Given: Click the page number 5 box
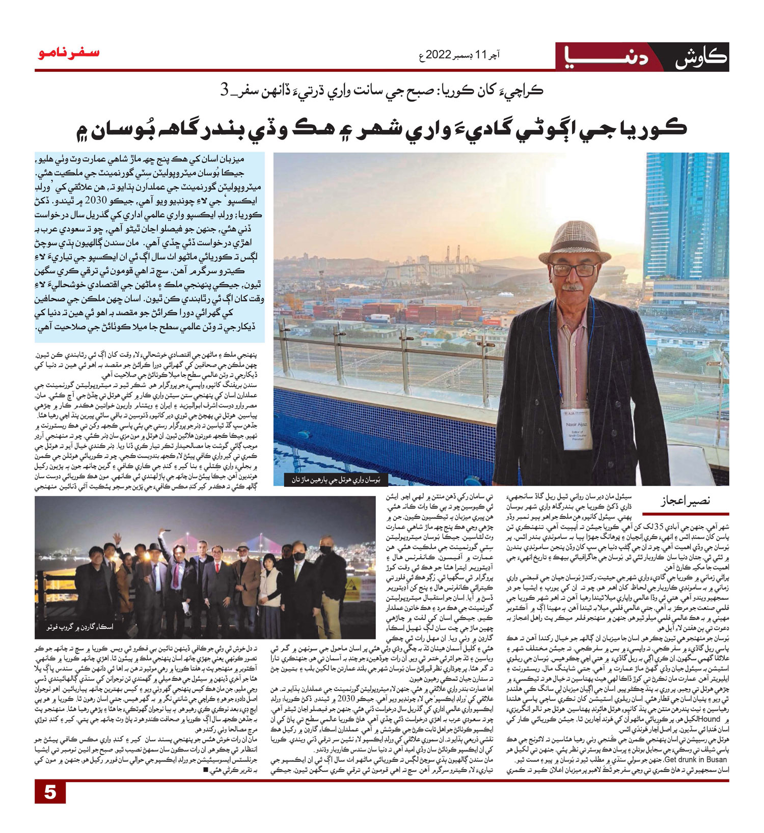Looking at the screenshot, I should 50,792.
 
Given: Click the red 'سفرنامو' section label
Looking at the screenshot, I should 68,53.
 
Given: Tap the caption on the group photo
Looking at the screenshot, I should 77,627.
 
